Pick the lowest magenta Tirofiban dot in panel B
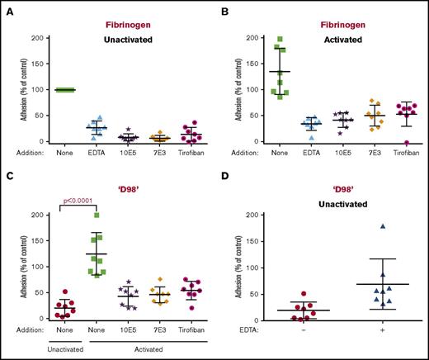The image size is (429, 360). click(x=382, y=141)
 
